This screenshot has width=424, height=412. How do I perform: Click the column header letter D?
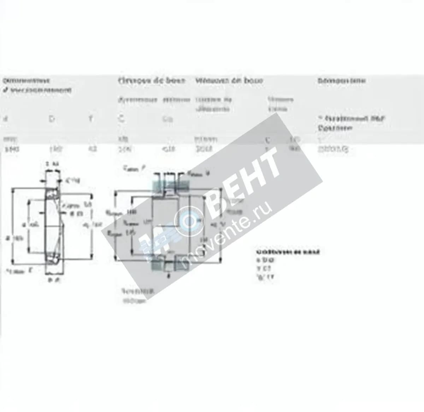[x=52, y=119]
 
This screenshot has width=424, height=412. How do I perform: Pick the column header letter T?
[x=91, y=119]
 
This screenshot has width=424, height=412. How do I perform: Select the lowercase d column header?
[x=5, y=119]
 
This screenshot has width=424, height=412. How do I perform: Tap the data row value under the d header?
[x=12, y=149]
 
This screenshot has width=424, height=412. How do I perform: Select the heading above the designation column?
[x=341, y=81]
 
